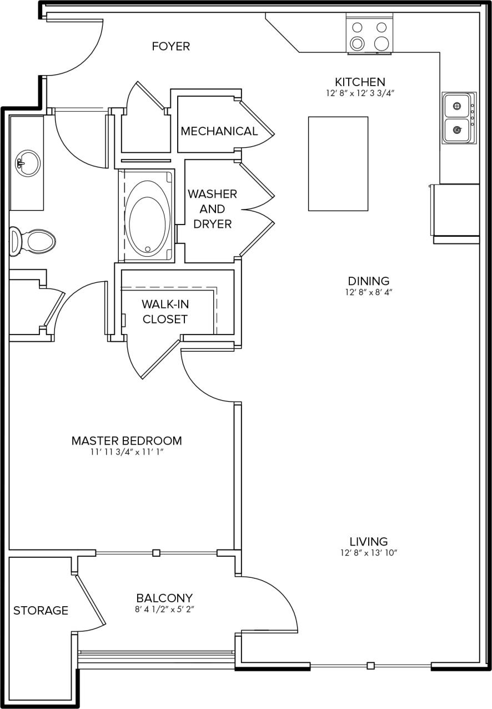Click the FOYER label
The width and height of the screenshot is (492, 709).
click(170, 47)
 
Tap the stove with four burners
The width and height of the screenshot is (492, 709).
click(369, 34)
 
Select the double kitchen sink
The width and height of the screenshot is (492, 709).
click(458, 118)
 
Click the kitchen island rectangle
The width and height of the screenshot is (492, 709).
click(338, 163)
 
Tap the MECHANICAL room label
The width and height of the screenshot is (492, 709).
click(219, 131)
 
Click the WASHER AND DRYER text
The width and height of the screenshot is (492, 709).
click(212, 209)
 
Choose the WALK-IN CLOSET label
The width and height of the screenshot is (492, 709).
click(164, 312)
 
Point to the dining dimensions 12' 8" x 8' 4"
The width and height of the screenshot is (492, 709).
click(369, 292)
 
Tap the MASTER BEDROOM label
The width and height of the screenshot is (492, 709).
click(127, 441)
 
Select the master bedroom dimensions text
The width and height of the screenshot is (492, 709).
click(127, 452)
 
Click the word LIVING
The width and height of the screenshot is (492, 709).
click(369, 541)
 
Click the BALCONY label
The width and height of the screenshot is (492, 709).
click(164, 598)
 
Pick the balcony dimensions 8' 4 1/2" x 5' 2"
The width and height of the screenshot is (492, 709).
click(164, 610)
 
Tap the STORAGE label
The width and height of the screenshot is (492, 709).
click(41, 611)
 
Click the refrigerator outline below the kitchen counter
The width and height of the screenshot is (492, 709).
click(456, 213)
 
